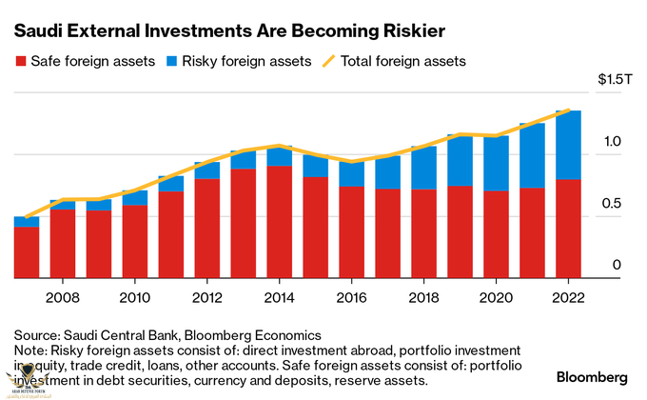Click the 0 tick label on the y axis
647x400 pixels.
[x=616, y=265]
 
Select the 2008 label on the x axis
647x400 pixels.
[x=64, y=295]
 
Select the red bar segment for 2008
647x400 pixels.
[x=64, y=244]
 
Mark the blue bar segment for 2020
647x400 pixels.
[x=497, y=163]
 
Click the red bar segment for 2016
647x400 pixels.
[x=352, y=232]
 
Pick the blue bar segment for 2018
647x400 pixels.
[x=424, y=168]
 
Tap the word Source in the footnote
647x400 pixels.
[x=35, y=335]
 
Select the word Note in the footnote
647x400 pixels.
[x=29, y=350]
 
